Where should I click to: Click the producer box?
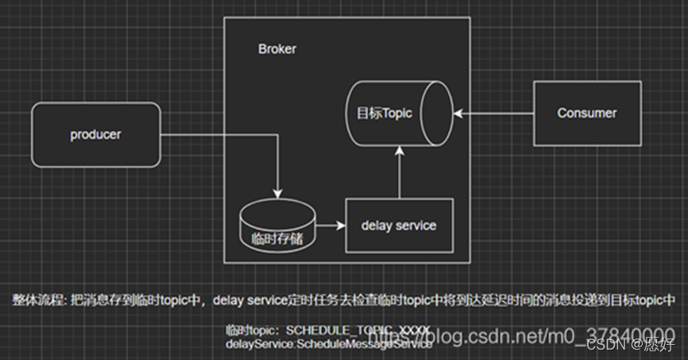pos(95,135)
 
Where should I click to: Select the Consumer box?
pos(587,113)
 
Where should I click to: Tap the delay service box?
pos(399,226)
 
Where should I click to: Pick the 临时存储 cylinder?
pos(276,226)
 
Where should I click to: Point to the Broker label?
pos(277,48)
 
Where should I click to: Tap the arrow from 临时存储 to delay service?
pos(330,226)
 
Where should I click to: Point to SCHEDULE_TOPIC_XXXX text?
pos(358,330)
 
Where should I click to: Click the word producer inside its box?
pos(95,135)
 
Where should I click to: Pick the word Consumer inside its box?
pos(587,113)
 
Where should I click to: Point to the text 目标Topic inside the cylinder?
pos(385,113)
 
